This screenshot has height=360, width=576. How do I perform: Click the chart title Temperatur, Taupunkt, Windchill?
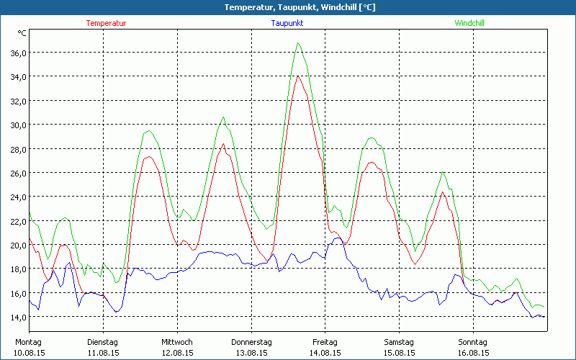click(288, 7)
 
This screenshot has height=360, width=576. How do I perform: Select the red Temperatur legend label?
click(106, 23)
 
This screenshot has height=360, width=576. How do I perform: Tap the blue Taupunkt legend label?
click(287, 23)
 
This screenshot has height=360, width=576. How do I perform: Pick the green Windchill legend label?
click(469, 23)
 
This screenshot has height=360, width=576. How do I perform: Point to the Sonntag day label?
click(473, 342)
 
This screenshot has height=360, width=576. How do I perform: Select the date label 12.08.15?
click(177, 353)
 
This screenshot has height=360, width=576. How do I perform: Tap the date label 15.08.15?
click(399, 353)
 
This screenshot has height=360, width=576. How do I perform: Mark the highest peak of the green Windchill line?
click(297, 43)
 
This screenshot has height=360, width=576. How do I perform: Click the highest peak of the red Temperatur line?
click(298, 76)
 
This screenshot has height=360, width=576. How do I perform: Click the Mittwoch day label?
click(177, 342)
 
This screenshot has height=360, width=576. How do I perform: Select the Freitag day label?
click(325, 342)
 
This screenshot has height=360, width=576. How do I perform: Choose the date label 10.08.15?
click(30, 353)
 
